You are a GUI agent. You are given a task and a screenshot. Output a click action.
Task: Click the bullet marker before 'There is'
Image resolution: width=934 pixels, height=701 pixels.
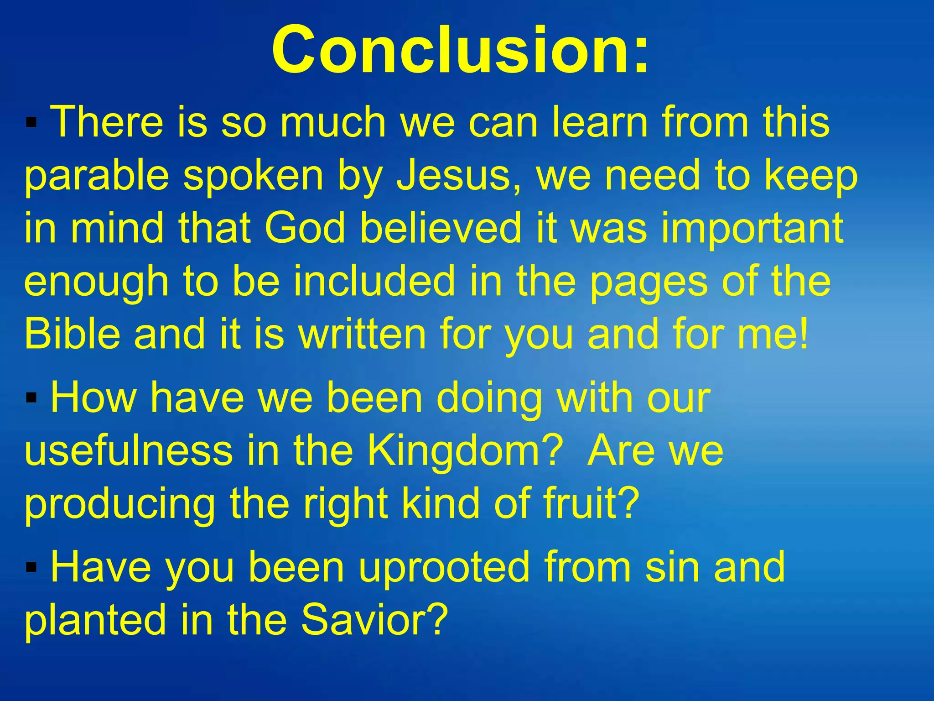(x=31, y=123)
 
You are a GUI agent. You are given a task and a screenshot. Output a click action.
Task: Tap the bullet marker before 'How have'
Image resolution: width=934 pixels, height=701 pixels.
(x=31, y=398)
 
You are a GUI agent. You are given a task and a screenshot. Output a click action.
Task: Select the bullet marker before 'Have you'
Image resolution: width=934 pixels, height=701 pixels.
(x=31, y=568)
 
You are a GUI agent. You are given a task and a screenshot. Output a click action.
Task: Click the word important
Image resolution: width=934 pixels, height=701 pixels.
(x=752, y=230)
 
